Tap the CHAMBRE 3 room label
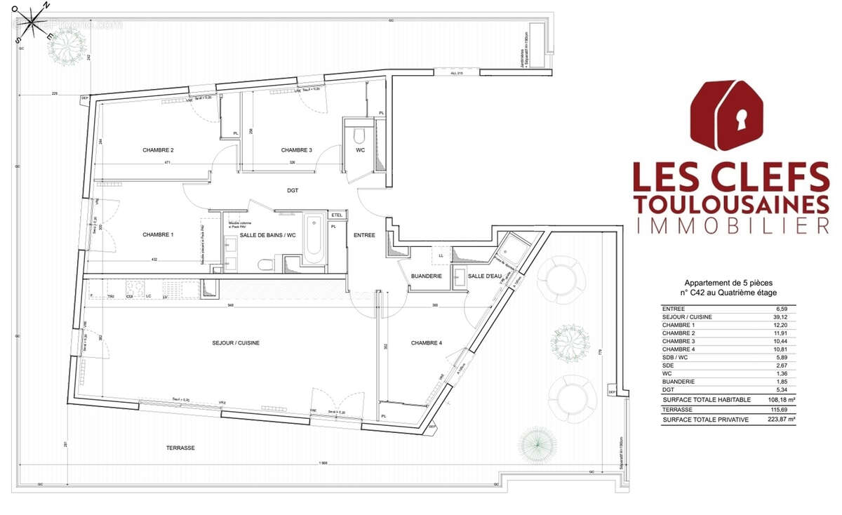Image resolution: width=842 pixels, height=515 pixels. click(296, 150)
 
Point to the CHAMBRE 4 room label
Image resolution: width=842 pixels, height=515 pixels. click(427, 343)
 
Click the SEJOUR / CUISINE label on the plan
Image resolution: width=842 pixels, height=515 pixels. click(236, 343)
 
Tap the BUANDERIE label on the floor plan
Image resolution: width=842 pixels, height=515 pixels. click(426, 276)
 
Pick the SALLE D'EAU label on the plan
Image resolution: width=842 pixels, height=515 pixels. click(485, 276)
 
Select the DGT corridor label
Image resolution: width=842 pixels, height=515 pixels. click(293, 189)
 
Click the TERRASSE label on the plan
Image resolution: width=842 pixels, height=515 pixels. click(180, 448)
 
